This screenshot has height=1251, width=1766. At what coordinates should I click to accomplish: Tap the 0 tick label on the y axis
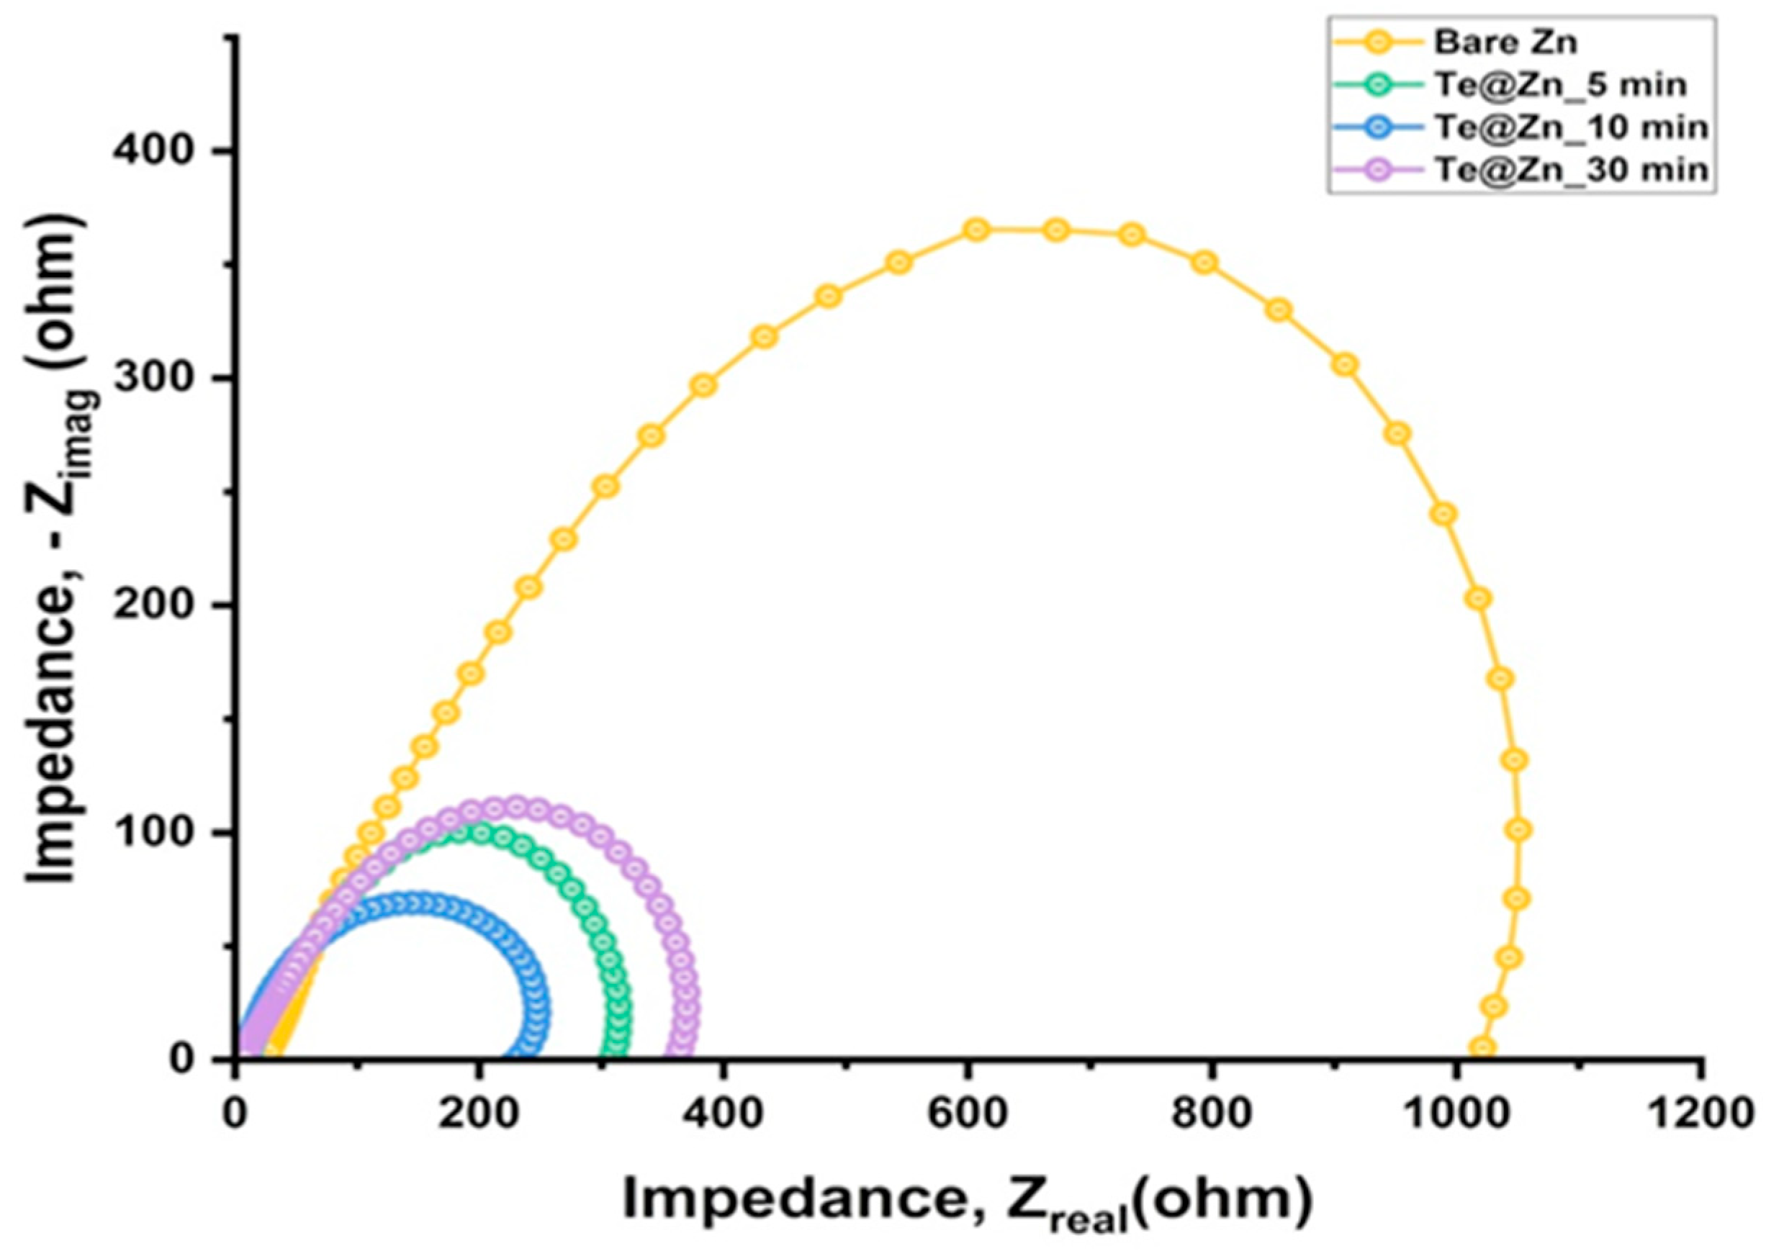(x=202, y=1060)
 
